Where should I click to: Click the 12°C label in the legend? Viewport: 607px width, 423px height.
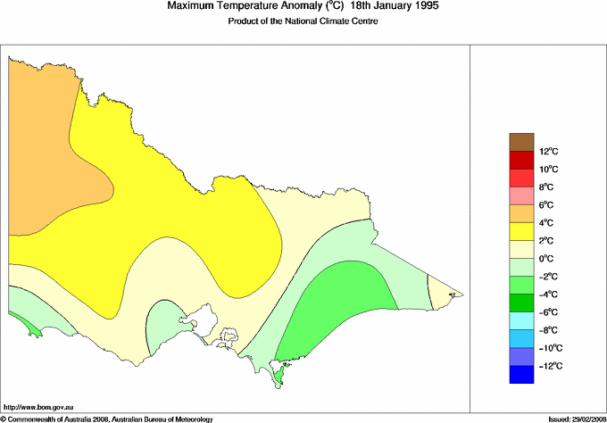coord(548,152)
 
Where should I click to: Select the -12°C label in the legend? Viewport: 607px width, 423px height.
coord(548,366)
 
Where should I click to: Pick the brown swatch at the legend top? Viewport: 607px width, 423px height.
coord(521,142)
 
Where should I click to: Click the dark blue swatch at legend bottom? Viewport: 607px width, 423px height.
coord(521,375)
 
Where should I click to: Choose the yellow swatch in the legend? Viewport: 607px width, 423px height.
coord(521,232)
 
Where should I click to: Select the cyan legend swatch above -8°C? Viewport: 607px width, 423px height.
coord(521,321)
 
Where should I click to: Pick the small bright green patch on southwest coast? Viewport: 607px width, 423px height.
coord(34,330)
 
